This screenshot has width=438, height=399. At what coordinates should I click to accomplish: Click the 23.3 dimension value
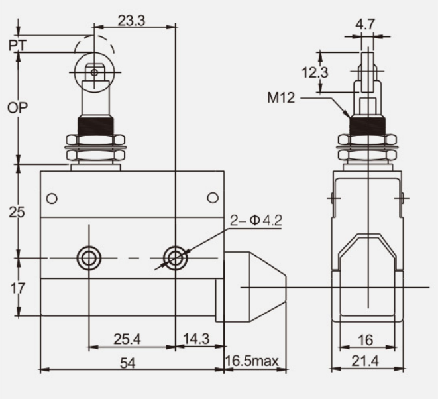(131, 21)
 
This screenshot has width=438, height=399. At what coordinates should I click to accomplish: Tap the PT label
(18, 46)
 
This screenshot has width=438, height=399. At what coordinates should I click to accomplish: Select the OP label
(18, 108)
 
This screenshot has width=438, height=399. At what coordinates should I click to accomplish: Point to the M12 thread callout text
(281, 98)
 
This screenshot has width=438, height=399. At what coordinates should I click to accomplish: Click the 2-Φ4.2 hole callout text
(256, 221)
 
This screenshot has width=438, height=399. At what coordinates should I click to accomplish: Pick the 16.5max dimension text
(252, 361)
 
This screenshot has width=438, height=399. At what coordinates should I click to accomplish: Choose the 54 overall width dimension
(128, 363)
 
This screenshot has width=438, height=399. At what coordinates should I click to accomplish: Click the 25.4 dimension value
(127, 339)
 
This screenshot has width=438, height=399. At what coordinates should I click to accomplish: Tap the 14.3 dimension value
(196, 339)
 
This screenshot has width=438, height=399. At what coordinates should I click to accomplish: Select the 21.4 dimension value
(365, 361)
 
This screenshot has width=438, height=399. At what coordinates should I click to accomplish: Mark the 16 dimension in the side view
(365, 340)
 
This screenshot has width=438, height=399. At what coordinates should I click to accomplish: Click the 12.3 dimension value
(315, 73)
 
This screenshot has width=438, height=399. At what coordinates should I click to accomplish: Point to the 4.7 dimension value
(365, 25)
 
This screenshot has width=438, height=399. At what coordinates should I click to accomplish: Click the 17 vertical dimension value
(18, 288)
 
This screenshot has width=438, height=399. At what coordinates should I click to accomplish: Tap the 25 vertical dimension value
(17, 212)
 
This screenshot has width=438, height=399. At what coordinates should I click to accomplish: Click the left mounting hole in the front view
(89, 258)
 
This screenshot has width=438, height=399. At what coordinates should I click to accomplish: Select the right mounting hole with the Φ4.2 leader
(176, 258)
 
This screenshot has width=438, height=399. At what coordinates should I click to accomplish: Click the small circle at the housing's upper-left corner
(52, 198)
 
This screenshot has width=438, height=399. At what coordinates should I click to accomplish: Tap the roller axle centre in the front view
(94, 73)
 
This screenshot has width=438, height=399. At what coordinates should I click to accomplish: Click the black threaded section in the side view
(368, 125)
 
